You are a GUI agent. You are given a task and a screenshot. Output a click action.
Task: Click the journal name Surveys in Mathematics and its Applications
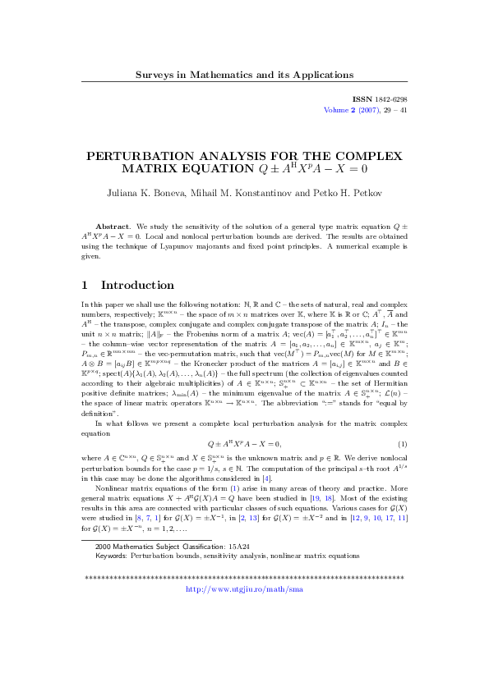(x=244, y=76)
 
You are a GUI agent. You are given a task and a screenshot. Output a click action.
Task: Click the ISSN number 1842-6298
(x=385, y=98)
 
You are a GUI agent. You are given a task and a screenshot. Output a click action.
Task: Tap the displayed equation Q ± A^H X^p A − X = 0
(x=244, y=444)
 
